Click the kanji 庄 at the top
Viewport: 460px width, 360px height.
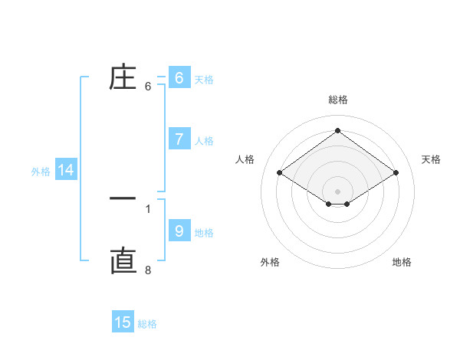coord(123,77)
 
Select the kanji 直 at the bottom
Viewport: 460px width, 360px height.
coord(123,261)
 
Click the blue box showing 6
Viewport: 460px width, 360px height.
coord(179,78)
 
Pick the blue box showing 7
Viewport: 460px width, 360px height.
coord(179,139)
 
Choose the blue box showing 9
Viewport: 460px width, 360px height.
coord(179,231)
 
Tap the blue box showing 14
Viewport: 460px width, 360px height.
coord(66,170)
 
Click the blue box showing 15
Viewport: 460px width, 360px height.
coord(123,322)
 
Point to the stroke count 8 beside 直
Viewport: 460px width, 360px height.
coord(148,270)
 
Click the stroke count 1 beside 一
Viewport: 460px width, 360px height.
coord(148,208)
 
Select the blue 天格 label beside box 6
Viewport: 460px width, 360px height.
coord(204,80)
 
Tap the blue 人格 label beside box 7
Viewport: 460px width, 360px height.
coord(204,141)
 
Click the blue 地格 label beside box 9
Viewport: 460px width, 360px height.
coord(204,232)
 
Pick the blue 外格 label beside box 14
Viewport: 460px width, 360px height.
coord(41,172)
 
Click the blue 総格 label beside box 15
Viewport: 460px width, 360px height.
coord(147,324)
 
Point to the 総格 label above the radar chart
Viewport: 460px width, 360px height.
coord(338,100)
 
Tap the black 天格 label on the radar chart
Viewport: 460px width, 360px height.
coord(431,159)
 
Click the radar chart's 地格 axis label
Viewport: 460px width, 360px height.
coord(402,262)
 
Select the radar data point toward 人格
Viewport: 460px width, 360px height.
coord(280,173)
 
